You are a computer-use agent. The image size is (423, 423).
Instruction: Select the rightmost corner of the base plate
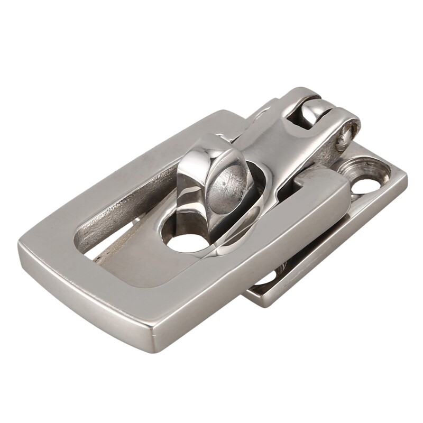[x=406, y=174]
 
